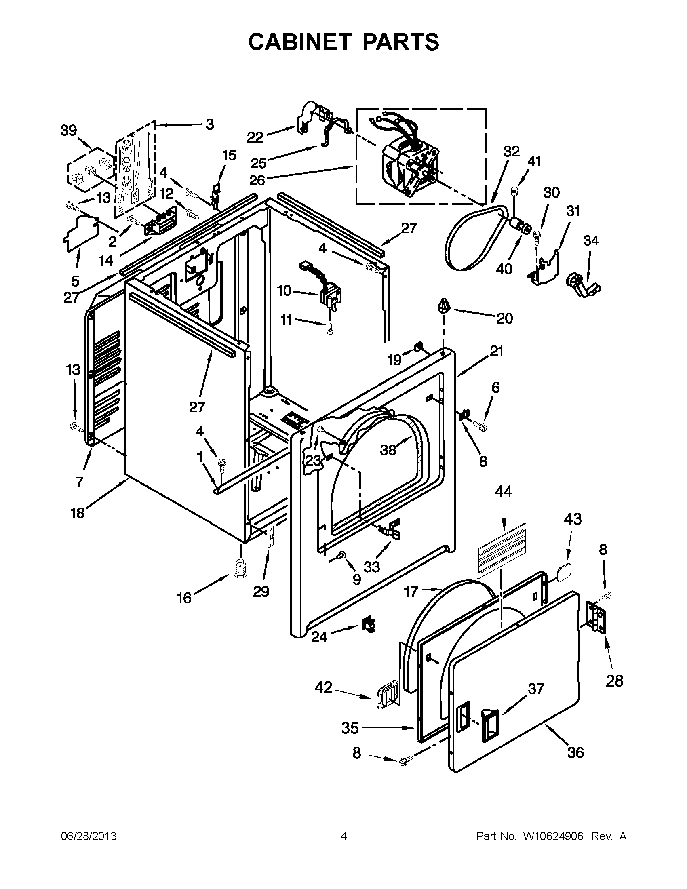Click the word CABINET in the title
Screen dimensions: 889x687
299,42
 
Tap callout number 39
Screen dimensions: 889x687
68,131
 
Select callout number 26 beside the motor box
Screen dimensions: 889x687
257,180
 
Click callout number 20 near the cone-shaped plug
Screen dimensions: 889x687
504,318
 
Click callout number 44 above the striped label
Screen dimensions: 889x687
503,492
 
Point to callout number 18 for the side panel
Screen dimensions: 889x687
77,513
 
